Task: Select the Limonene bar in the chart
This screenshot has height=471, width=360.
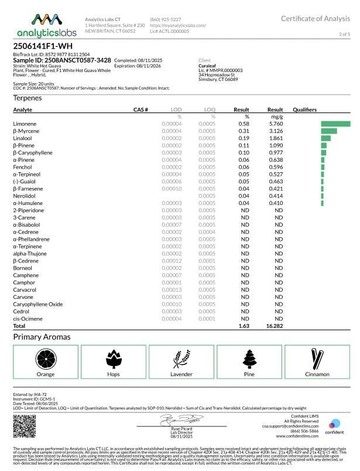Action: tap(335, 124)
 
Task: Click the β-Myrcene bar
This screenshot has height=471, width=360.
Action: tap(328, 131)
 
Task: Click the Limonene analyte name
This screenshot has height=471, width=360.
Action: tap(25, 124)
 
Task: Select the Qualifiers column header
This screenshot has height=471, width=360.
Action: tap(305, 110)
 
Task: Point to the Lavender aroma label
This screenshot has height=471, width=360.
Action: tap(181, 373)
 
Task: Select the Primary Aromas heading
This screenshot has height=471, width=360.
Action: tap(42, 337)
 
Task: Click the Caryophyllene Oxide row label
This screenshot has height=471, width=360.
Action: tap(37, 304)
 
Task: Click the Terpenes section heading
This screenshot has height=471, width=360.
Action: tap(28, 98)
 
